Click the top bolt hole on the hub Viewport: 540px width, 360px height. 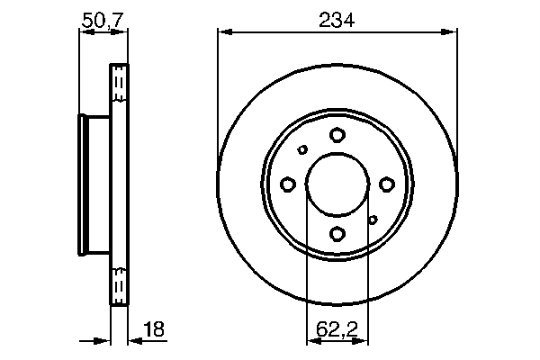tap(337, 135)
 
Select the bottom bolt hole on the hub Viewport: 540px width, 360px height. tap(337, 234)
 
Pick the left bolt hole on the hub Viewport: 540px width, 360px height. tap(288, 184)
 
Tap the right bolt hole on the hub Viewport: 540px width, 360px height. tap(386, 184)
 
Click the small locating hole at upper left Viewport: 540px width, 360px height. tap(302, 150)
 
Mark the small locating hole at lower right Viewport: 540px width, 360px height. tap(372, 219)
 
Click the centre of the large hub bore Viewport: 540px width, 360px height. tap(337, 184)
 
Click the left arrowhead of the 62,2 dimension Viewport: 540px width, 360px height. tap(311, 341)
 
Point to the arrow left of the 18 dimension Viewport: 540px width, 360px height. tap(103, 341)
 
